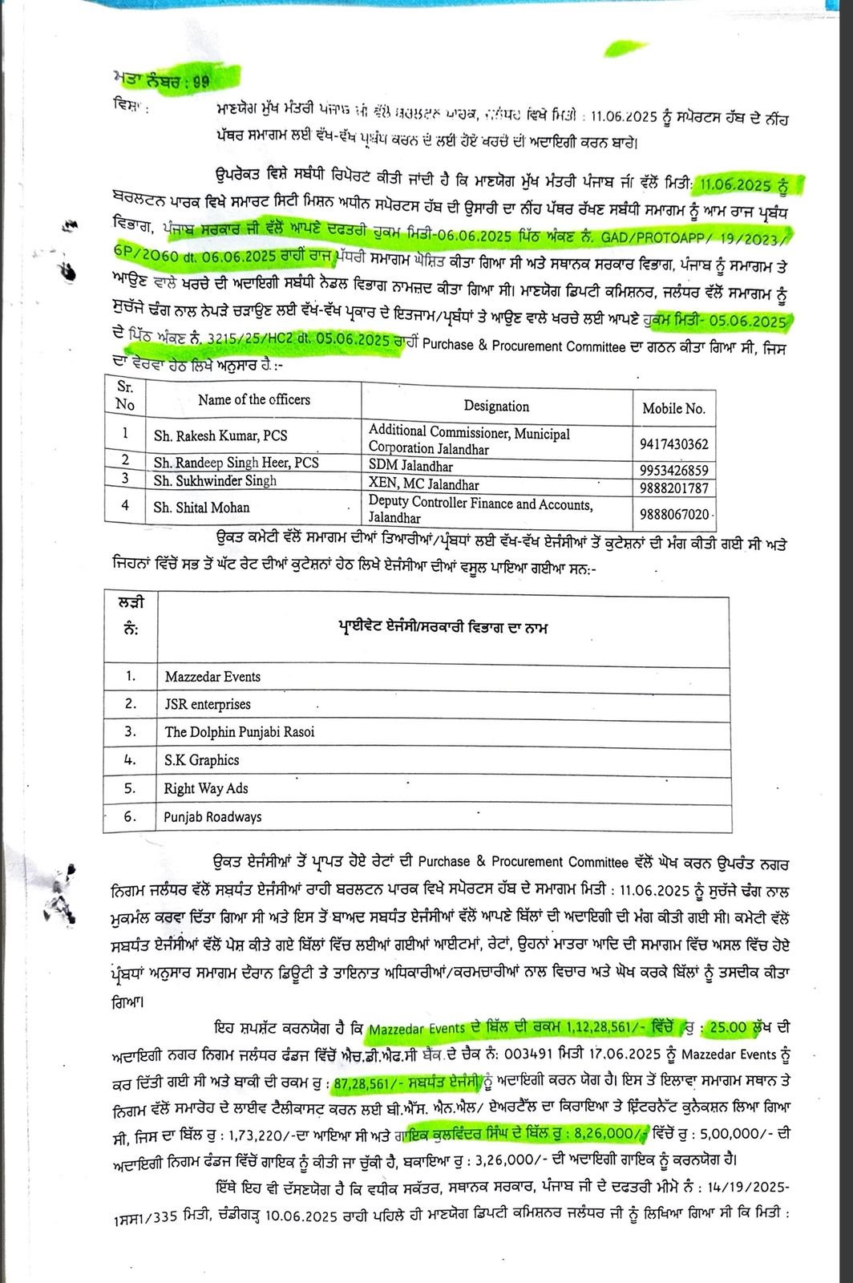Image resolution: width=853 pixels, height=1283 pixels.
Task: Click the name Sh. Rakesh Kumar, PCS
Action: pyautogui.click(x=220, y=435)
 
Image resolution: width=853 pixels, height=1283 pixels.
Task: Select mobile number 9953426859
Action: pyautogui.click(x=673, y=470)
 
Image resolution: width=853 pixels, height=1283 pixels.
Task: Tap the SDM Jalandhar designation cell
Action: pyautogui.click(x=410, y=466)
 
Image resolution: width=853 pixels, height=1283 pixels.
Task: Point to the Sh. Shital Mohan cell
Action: pyautogui.click(x=201, y=508)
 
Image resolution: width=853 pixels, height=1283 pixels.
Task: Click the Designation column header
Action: pyautogui.click(x=496, y=406)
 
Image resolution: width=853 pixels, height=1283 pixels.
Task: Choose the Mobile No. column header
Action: pyautogui.click(x=673, y=408)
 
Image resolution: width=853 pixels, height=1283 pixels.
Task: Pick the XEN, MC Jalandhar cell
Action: pyautogui.click(x=423, y=484)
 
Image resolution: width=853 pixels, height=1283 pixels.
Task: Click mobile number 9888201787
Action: pyautogui.click(x=673, y=488)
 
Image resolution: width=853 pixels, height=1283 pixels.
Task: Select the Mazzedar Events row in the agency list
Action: pyautogui.click(x=212, y=677)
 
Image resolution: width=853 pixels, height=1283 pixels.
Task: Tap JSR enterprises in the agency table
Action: pyautogui.click(x=208, y=704)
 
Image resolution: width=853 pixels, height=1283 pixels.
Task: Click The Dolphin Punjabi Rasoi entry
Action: pyautogui.click(x=240, y=731)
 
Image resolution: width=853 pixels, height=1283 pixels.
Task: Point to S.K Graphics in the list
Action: pyautogui.click(x=201, y=759)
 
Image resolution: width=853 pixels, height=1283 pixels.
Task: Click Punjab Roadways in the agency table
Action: pyautogui.click(x=213, y=817)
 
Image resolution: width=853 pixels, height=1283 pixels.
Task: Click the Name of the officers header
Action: pyautogui.click(x=254, y=399)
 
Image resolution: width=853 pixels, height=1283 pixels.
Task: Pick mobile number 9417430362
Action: pyautogui.click(x=673, y=443)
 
